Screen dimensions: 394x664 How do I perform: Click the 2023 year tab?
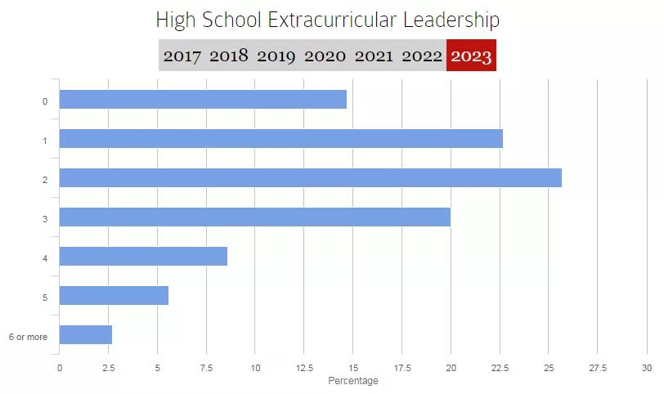[471, 56]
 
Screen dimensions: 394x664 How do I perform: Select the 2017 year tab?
[183, 56]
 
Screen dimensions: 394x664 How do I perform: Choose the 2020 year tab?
[325, 56]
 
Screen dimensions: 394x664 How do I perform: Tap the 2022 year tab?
[421, 56]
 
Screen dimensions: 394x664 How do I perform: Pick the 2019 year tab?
[276, 56]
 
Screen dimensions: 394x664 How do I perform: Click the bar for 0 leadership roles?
[203, 100]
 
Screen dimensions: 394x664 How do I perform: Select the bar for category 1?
[280, 139]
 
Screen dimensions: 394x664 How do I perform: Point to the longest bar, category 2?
[310, 178]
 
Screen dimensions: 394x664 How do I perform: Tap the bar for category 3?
[254, 217]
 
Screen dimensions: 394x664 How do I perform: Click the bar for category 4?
[143, 257]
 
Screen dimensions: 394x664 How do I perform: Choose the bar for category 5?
[114, 296]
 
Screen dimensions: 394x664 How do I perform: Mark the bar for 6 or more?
[86, 335]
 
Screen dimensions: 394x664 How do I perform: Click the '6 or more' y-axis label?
[28, 336]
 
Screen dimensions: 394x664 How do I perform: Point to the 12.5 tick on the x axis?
[303, 368]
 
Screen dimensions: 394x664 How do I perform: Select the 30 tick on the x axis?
[646, 368]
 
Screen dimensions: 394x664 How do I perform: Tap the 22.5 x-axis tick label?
[500, 368]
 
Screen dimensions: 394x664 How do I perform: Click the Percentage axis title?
[353, 381]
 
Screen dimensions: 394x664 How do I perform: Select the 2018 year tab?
[228, 56]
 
